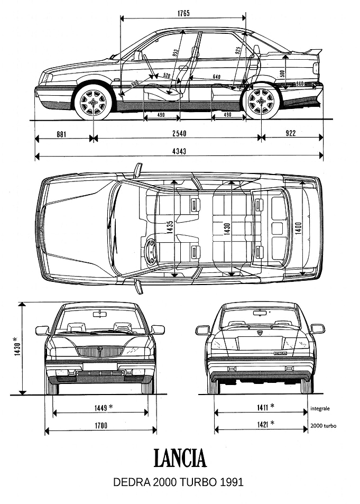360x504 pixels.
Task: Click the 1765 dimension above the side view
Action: (183, 13)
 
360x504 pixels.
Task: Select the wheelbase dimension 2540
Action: (179, 133)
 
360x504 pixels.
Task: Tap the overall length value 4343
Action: (179, 151)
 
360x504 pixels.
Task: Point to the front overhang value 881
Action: (61, 133)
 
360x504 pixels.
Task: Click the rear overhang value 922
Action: (290, 133)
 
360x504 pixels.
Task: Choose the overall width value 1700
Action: (100, 426)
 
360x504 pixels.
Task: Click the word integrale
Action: (320, 408)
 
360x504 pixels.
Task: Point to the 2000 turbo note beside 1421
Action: (324, 426)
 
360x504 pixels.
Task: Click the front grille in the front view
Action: (100, 352)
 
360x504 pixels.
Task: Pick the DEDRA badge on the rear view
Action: (280, 353)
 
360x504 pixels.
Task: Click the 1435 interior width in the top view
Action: (170, 227)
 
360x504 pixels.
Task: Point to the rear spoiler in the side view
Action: (311, 51)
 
